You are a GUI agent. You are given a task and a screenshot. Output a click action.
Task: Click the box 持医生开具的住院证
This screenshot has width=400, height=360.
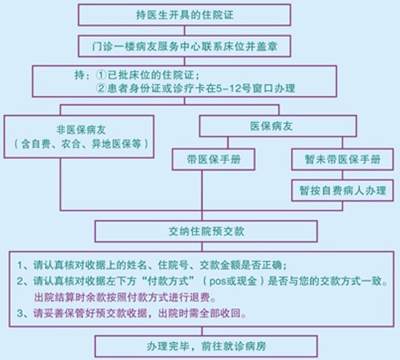click(184, 15)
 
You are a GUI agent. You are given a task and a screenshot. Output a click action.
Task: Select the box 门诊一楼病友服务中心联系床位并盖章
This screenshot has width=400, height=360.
click(184, 46)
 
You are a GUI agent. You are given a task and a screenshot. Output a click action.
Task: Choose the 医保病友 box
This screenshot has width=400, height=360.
click(278, 126)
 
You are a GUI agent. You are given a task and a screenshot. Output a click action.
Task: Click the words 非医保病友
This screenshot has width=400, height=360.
click(81, 130)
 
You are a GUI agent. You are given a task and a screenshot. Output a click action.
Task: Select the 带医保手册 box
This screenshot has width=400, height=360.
click(214, 160)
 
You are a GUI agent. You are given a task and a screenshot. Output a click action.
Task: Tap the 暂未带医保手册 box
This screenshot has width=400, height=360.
click(342, 160)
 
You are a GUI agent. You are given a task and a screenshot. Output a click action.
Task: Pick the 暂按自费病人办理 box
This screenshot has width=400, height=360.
click(342, 191)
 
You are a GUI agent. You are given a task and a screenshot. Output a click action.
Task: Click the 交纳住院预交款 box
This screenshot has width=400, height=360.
click(206, 231)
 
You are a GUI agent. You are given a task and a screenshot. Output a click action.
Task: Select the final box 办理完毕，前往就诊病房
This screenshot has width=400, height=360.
click(206, 346)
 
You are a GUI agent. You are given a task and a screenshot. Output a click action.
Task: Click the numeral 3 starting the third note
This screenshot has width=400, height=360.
click(20, 313)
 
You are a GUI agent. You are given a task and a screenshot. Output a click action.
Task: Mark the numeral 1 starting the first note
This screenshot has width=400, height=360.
click(20, 265)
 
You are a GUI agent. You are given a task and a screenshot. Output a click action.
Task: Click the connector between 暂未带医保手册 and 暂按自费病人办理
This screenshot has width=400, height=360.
click(342, 175)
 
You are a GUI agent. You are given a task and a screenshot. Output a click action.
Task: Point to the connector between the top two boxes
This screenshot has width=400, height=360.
click(184, 31)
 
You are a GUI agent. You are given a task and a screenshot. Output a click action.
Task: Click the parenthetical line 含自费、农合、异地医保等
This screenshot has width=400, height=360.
click(81, 144)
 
